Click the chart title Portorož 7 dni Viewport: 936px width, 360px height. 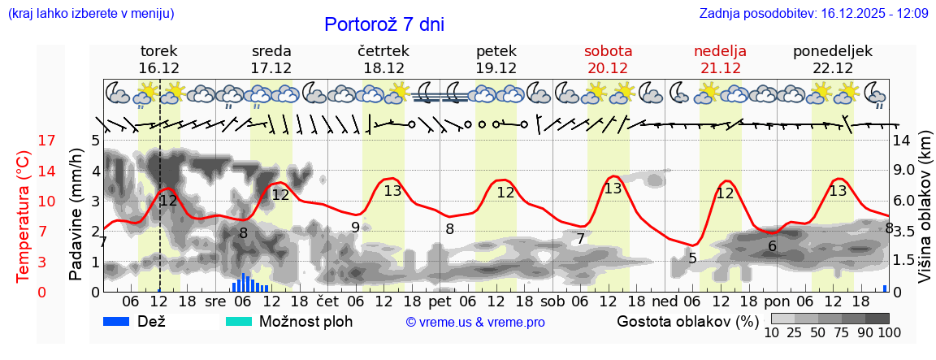[384, 24]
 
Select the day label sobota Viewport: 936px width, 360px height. [608, 51]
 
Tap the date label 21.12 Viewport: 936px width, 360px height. [720, 68]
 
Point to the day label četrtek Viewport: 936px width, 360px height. [383, 51]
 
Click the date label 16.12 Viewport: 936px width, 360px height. [159, 68]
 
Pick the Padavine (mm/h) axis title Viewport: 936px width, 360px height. [76, 215]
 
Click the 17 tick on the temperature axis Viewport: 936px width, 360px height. [47, 141]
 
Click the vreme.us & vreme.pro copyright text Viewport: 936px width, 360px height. [475, 323]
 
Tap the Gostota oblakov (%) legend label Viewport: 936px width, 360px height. [687, 321]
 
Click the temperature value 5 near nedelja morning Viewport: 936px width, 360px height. [692, 258]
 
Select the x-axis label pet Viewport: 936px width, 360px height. [440, 301]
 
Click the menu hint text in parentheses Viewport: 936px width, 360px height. [91, 14]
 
